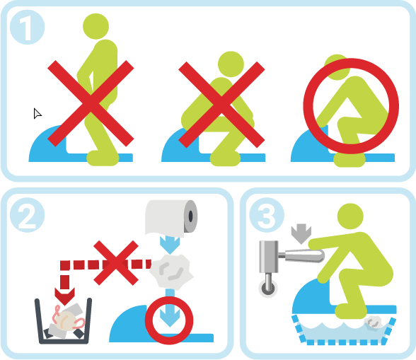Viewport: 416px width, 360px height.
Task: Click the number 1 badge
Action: [27, 27]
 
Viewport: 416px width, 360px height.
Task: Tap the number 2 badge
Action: [27, 215]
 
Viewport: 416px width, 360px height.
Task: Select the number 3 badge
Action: [267, 215]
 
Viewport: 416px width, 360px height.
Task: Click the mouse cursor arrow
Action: [37, 114]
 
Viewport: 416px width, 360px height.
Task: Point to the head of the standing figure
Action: [96, 26]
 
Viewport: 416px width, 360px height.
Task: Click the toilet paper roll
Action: [171, 218]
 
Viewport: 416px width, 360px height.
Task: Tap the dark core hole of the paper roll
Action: [190, 216]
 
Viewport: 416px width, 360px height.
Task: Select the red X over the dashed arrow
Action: [116, 263]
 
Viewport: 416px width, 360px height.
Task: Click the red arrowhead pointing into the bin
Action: [64, 296]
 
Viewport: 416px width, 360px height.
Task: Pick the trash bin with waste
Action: [63, 321]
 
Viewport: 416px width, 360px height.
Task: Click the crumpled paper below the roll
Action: [172, 271]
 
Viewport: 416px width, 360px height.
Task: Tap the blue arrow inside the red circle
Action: [170, 316]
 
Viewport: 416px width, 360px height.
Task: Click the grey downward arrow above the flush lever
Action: [301, 233]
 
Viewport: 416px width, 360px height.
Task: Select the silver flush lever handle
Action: [304, 255]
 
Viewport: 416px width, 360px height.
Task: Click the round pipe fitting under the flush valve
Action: [268, 288]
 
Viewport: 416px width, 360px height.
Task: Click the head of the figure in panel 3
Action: [350, 216]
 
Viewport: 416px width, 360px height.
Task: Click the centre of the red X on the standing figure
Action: [91, 103]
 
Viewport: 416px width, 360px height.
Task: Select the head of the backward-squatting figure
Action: [231, 64]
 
